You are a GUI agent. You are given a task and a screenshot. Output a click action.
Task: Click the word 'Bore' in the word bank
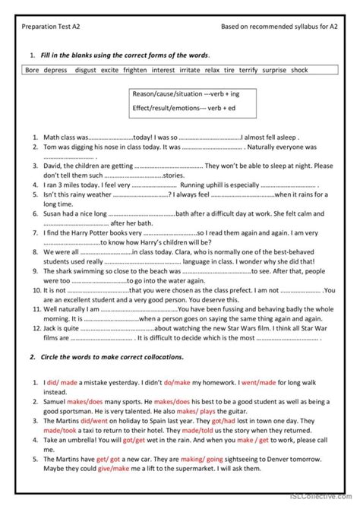[x=32, y=70]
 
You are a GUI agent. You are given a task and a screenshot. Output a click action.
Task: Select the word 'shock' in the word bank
[x=299, y=70]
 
